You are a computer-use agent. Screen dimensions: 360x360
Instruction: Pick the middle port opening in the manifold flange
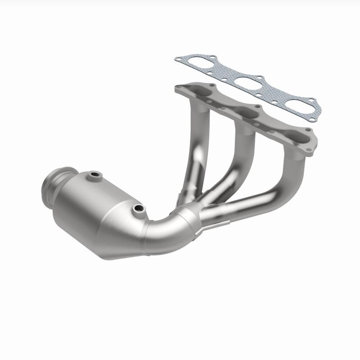pyautogui.click(x=246, y=112)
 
